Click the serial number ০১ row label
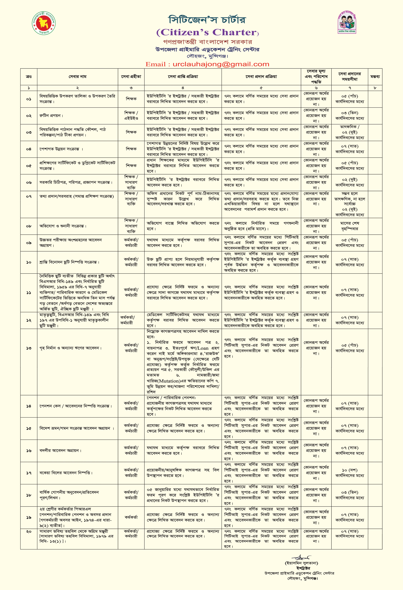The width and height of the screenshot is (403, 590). [x=29, y=99]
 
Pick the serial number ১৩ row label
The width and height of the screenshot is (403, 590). [x=29, y=348]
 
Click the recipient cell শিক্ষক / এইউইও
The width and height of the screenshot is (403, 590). [x=131, y=116]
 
